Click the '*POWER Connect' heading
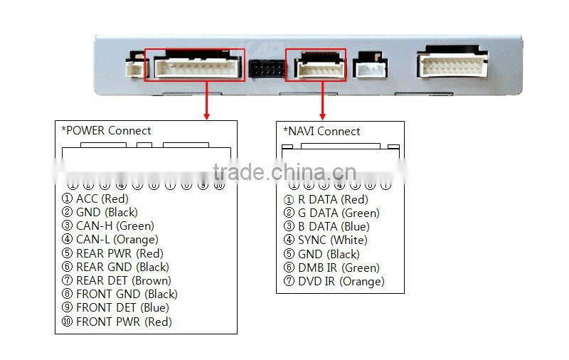coord(107,131)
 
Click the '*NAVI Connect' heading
coord(321,132)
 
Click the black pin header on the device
coord(267,69)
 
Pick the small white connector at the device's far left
coord(134,68)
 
